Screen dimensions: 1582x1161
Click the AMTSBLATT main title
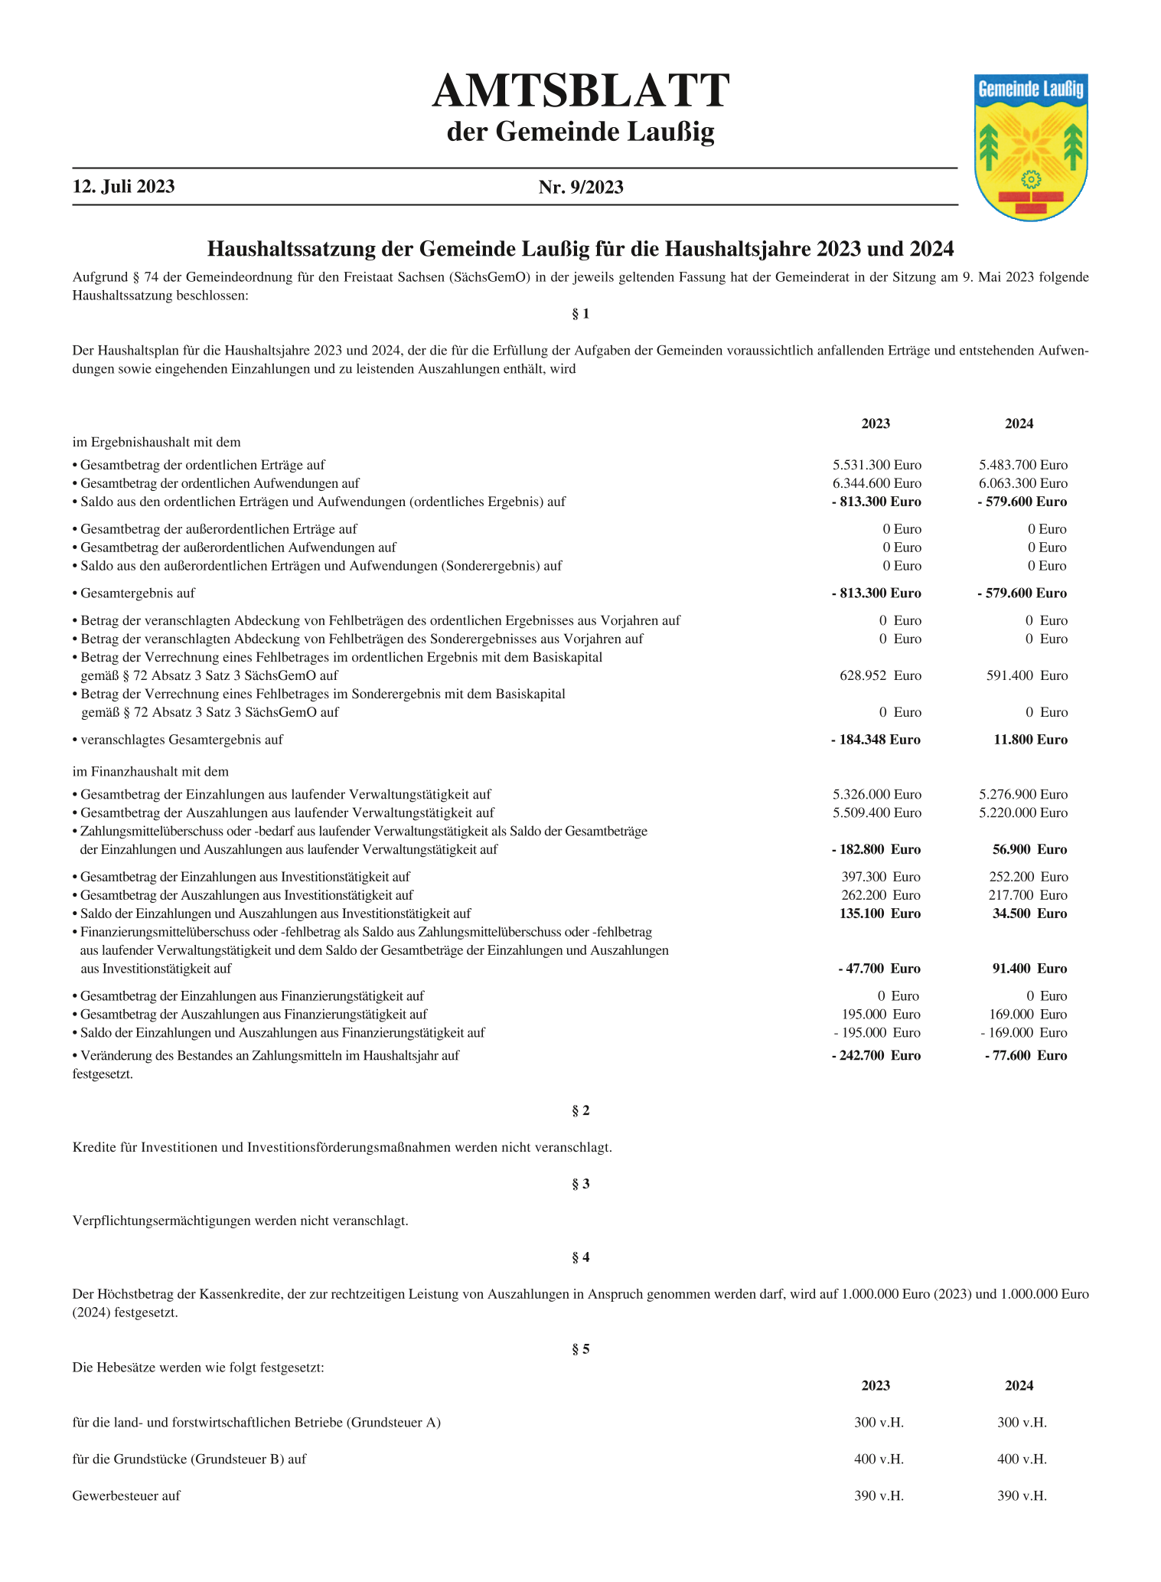tap(580, 91)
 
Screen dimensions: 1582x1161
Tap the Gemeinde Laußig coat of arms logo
tap(1031, 147)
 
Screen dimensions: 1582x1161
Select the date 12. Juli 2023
tap(124, 187)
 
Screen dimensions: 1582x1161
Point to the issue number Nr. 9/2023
tap(581, 187)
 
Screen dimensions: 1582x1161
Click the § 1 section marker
tap(581, 314)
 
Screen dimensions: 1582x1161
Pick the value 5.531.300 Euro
tap(877, 465)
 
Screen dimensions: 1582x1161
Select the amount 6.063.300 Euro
tap(1022, 483)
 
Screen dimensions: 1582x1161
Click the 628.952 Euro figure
tap(880, 675)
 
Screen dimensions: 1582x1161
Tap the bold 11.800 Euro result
tap(1027, 740)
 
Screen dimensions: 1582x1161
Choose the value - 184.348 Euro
tap(876, 740)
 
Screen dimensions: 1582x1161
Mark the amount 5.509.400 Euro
tap(877, 812)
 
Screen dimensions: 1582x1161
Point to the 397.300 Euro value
tap(880, 877)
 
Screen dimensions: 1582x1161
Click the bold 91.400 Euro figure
tap(1027, 969)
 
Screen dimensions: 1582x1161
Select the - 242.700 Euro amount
tap(876, 1055)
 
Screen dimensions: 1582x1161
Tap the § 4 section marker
tap(581, 1257)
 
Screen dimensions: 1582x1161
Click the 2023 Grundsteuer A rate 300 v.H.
tap(879, 1423)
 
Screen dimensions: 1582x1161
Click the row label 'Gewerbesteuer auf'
tap(126, 1495)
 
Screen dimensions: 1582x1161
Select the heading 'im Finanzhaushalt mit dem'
tap(150, 771)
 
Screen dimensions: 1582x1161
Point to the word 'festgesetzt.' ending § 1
tap(103, 1074)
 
